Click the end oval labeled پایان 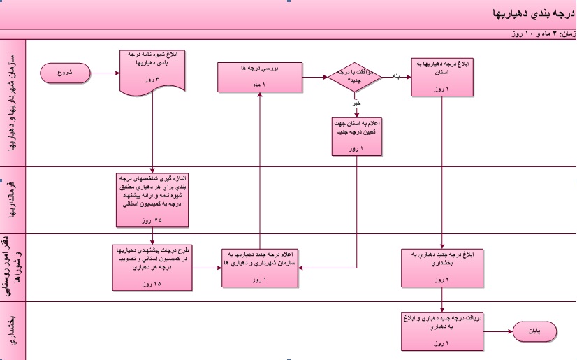[536, 331]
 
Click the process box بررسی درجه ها [258, 76]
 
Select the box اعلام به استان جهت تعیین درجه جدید [358, 136]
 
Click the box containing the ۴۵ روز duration [152, 199]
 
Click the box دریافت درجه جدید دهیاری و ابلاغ [441, 331]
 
